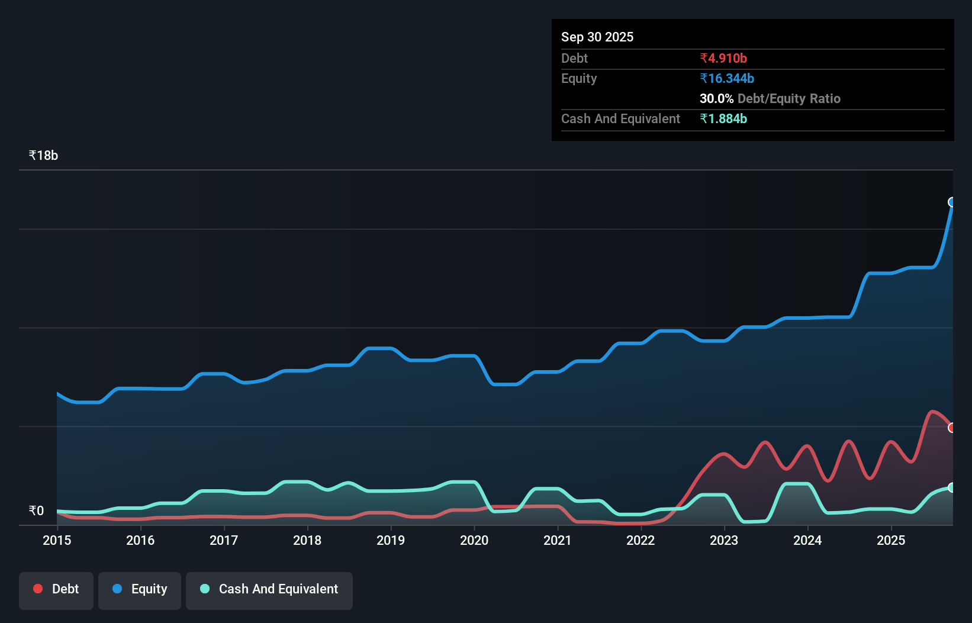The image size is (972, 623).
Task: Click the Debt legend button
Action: click(x=56, y=589)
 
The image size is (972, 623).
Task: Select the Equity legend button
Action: click(x=140, y=589)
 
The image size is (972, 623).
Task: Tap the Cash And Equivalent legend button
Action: click(x=269, y=589)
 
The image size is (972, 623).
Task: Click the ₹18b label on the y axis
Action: click(x=43, y=156)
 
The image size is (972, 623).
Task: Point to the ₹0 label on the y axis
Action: click(x=36, y=511)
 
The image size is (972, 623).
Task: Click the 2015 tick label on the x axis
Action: click(x=57, y=540)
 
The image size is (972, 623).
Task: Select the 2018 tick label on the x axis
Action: click(x=307, y=540)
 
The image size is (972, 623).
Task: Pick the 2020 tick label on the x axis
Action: click(x=474, y=540)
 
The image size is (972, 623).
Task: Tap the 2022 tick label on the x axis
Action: click(x=641, y=540)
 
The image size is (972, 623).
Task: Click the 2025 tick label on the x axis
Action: click(x=891, y=540)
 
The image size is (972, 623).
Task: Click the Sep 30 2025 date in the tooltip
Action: click(x=597, y=37)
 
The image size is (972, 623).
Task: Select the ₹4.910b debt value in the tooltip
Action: click(x=723, y=58)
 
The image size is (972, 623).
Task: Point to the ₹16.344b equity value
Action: click(x=726, y=78)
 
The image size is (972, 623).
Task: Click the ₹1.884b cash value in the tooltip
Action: click(x=723, y=118)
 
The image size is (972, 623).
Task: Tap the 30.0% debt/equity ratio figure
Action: click(x=716, y=98)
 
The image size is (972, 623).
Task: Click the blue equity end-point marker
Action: click(x=952, y=202)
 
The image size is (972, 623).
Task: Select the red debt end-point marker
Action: click(x=952, y=428)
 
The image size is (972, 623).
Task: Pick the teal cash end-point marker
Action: click(x=952, y=487)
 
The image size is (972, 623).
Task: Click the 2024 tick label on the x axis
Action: click(x=807, y=540)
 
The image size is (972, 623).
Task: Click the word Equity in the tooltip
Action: click(x=579, y=78)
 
